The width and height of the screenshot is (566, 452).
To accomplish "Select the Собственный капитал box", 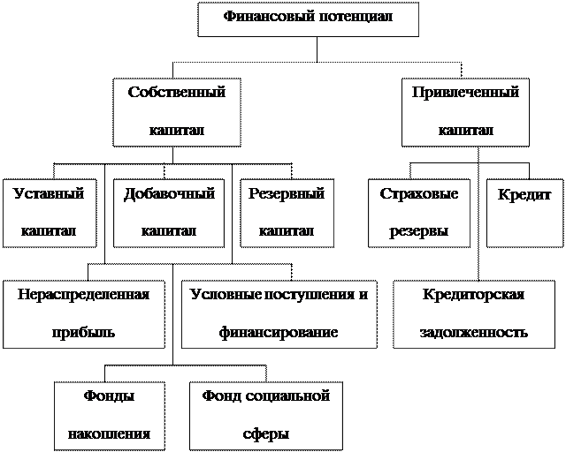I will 177,111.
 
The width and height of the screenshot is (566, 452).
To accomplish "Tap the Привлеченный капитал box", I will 465,111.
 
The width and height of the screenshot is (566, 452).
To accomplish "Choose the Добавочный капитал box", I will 169,213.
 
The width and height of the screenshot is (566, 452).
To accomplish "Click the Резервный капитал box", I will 287,213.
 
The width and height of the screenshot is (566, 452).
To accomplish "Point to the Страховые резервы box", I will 419,213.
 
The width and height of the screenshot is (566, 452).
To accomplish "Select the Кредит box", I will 524,213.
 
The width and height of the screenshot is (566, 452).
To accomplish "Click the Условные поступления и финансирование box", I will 279,313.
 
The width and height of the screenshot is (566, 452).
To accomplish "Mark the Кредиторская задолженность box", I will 474,313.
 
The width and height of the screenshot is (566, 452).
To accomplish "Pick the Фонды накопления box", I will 110,415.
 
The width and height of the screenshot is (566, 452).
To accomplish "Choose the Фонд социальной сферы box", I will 266,415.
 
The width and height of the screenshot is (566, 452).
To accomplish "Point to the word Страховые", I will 419,194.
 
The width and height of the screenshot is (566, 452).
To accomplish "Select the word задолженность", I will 474,333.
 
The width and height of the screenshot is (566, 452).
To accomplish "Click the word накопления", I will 110,434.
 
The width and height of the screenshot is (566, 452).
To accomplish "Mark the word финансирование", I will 279,333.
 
